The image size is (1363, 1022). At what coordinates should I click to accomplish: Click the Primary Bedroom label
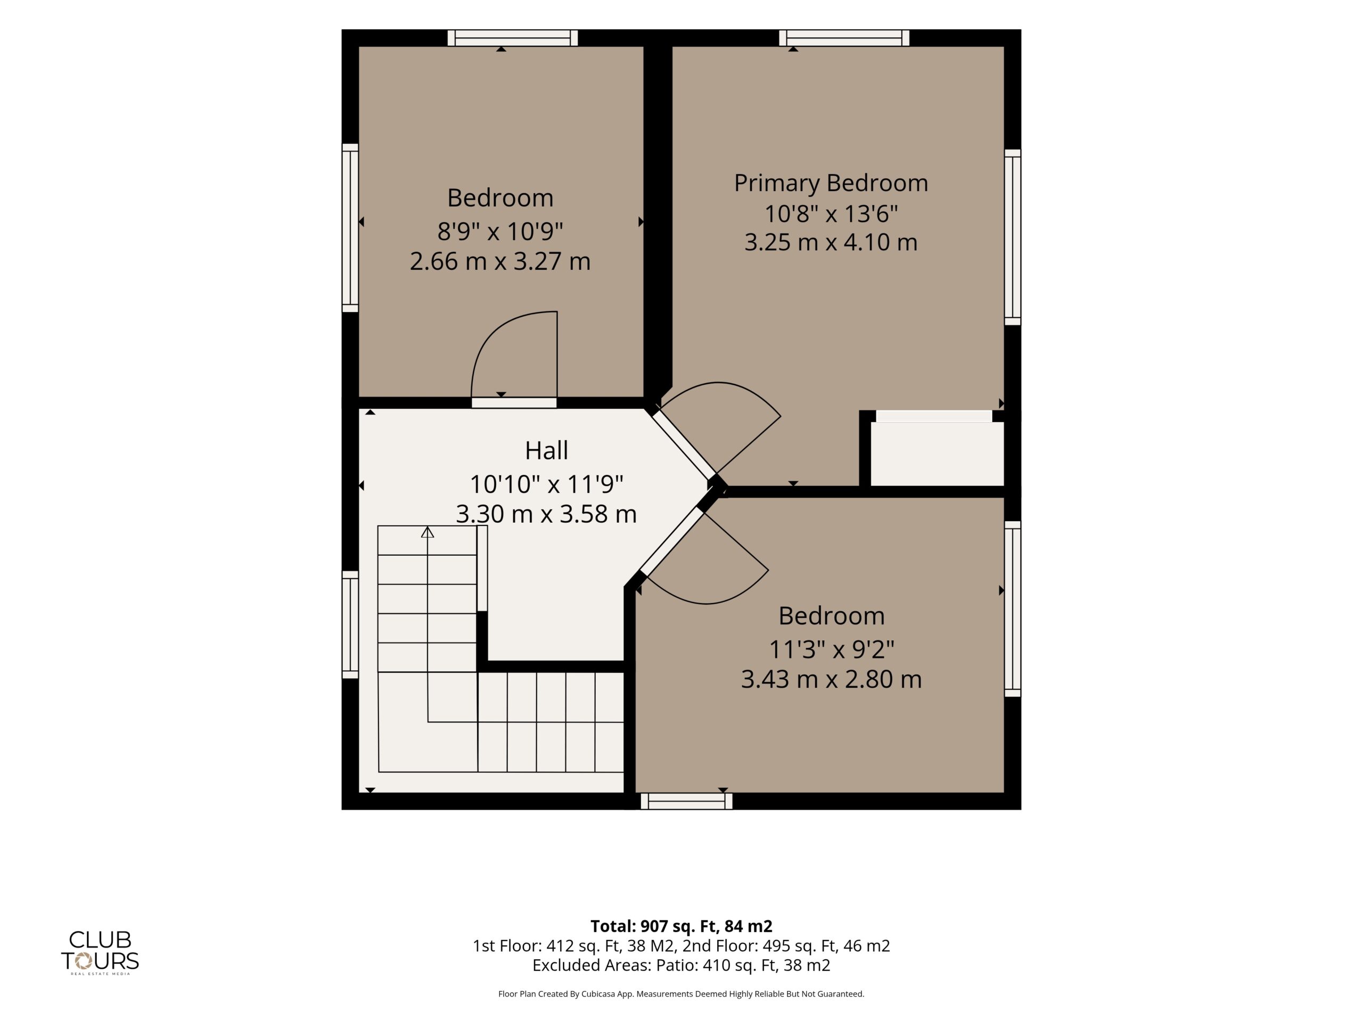831,184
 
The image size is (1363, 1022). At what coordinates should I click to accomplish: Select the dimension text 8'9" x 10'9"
500,232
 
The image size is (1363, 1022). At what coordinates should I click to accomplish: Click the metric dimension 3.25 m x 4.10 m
831,242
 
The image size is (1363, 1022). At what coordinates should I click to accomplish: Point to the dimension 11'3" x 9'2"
831,649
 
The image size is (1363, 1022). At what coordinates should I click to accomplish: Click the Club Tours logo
100,952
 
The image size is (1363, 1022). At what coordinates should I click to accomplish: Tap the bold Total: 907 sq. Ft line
681,926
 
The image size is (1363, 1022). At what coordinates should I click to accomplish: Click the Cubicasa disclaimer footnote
681,994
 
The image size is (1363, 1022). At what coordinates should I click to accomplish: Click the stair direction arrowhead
428,532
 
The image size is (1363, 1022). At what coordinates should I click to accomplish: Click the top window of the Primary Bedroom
844,38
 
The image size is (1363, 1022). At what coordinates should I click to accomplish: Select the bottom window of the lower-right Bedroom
686,801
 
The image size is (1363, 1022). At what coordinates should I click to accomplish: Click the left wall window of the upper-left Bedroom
350,228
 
